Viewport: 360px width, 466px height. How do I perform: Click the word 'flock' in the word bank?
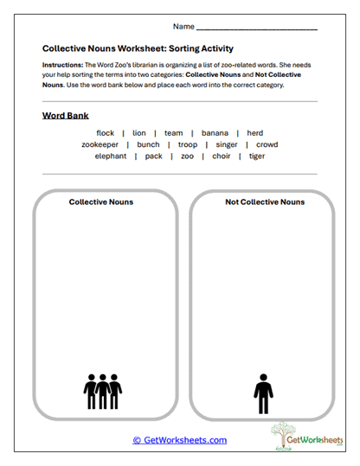tap(106, 133)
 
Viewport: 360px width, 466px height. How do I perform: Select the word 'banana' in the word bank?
tap(215, 133)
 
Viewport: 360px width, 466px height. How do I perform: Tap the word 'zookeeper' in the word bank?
tap(100, 144)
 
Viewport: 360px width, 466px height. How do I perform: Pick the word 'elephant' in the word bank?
tap(111, 156)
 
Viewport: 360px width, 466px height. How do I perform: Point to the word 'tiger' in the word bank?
tap(257, 156)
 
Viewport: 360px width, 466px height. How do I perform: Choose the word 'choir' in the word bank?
tap(221, 156)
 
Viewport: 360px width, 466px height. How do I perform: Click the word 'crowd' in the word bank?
tap(267, 144)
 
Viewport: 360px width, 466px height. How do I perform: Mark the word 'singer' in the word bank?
tap(227, 144)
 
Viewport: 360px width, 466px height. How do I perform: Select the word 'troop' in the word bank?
tap(188, 144)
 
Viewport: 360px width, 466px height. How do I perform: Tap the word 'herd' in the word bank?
tap(254, 133)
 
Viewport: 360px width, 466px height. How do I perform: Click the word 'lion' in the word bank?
tap(139, 133)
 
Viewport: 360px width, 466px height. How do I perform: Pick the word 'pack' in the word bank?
tap(154, 156)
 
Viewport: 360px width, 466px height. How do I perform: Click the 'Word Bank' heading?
tap(65, 115)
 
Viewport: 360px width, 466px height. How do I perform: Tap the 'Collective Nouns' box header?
tap(102, 202)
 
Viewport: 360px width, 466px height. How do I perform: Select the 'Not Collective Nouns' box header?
tap(265, 202)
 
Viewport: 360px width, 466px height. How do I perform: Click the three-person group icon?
tap(102, 392)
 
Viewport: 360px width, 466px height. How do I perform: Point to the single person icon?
tap(263, 393)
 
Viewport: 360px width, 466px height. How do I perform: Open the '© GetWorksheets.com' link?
tap(179, 440)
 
